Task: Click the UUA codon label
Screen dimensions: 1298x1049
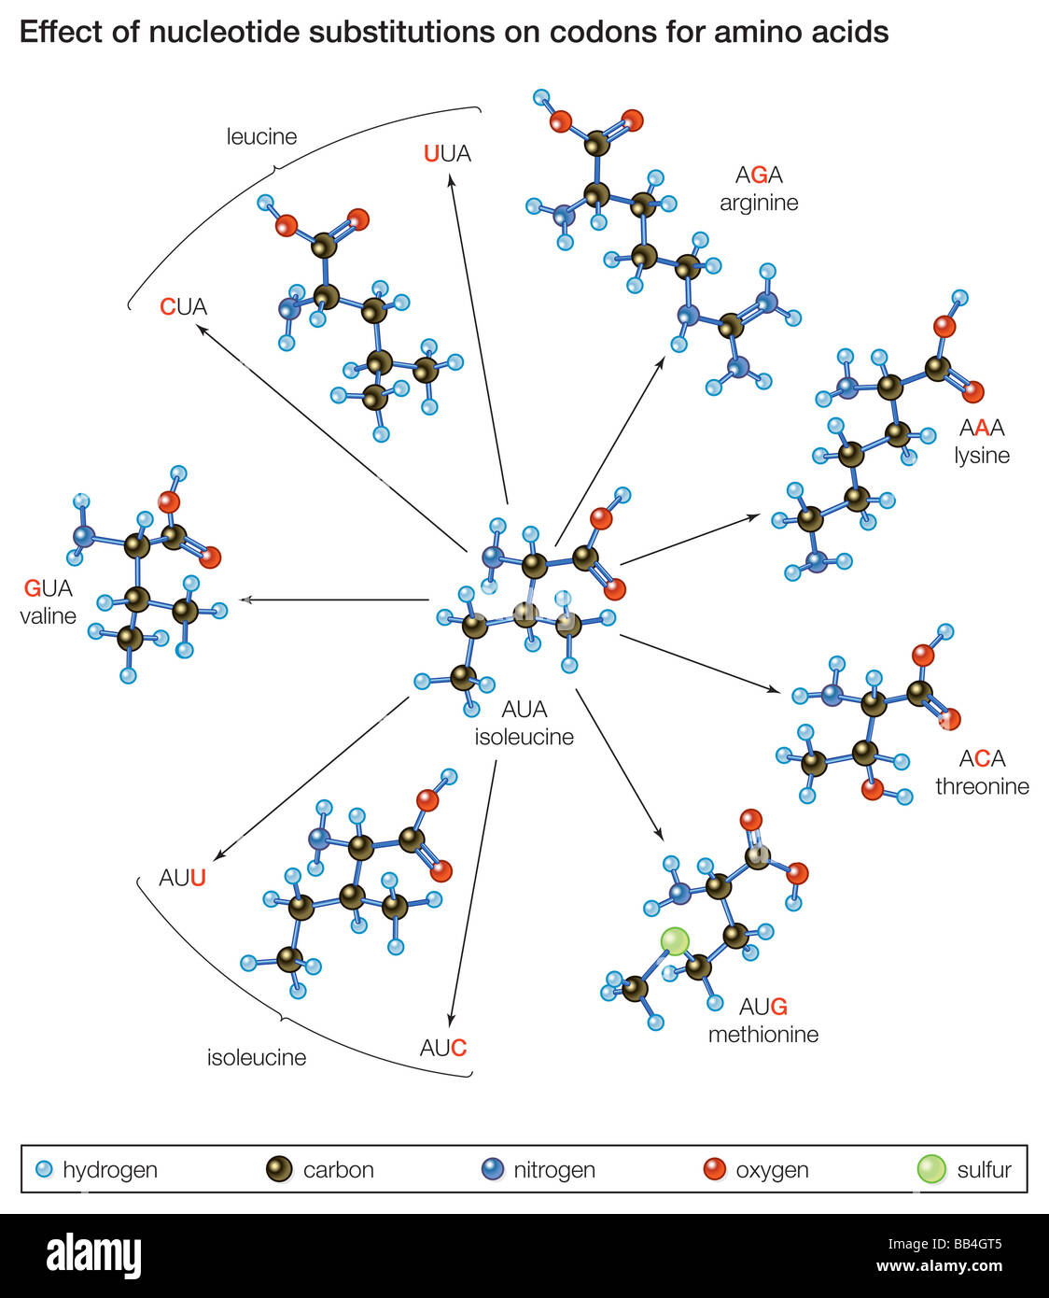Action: click(x=447, y=154)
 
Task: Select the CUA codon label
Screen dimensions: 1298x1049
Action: click(x=183, y=307)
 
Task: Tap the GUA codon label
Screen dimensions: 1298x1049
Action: click(x=48, y=588)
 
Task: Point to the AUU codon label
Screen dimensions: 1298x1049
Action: click(x=182, y=879)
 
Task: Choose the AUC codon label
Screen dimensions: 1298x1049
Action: click(x=443, y=1048)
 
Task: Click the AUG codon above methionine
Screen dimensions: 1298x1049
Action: click(x=762, y=1007)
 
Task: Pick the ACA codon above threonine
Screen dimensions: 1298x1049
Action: click(x=982, y=758)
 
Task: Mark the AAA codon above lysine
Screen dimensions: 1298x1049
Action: click(x=982, y=428)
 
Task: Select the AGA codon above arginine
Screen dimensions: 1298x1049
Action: click(x=759, y=175)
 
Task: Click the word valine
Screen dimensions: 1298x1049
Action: click(x=48, y=616)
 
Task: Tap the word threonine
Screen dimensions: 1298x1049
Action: click(x=982, y=786)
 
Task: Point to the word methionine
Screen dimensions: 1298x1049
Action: click(x=762, y=1035)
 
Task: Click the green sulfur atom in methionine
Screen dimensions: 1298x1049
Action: click(x=675, y=941)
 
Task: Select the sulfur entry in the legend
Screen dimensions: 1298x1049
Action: click(x=966, y=1169)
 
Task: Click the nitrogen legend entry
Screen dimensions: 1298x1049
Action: click(x=538, y=1169)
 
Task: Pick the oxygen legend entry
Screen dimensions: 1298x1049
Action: click(x=757, y=1169)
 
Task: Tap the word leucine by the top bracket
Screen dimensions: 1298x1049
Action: click(x=261, y=137)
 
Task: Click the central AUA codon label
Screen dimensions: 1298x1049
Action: click(x=524, y=710)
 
